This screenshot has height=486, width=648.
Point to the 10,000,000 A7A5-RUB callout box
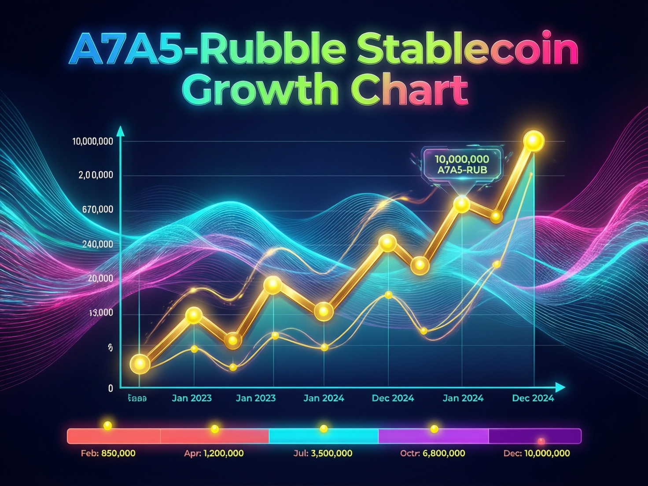(462, 164)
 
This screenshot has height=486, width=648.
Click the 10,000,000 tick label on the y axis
(92, 141)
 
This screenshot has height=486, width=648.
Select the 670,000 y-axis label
(97, 210)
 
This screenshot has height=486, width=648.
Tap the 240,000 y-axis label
(97, 244)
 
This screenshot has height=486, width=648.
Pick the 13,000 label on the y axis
(101, 313)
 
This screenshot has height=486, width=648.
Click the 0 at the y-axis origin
(110, 388)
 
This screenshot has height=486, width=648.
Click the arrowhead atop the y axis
(120, 131)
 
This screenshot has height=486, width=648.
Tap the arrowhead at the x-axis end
(560, 387)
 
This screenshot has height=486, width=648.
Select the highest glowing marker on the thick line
(534, 141)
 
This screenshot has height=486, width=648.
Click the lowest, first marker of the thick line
(140, 364)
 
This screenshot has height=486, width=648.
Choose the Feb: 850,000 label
(108, 453)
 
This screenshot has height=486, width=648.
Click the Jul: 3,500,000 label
(323, 453)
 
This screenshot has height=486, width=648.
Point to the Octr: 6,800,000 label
(432, 453)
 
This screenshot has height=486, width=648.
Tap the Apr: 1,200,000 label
(214, 453)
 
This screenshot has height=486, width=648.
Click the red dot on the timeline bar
(541, 441)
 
